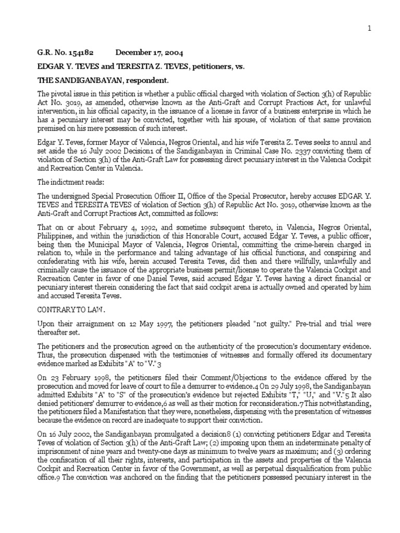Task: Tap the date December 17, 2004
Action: click(x=149, y=53)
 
